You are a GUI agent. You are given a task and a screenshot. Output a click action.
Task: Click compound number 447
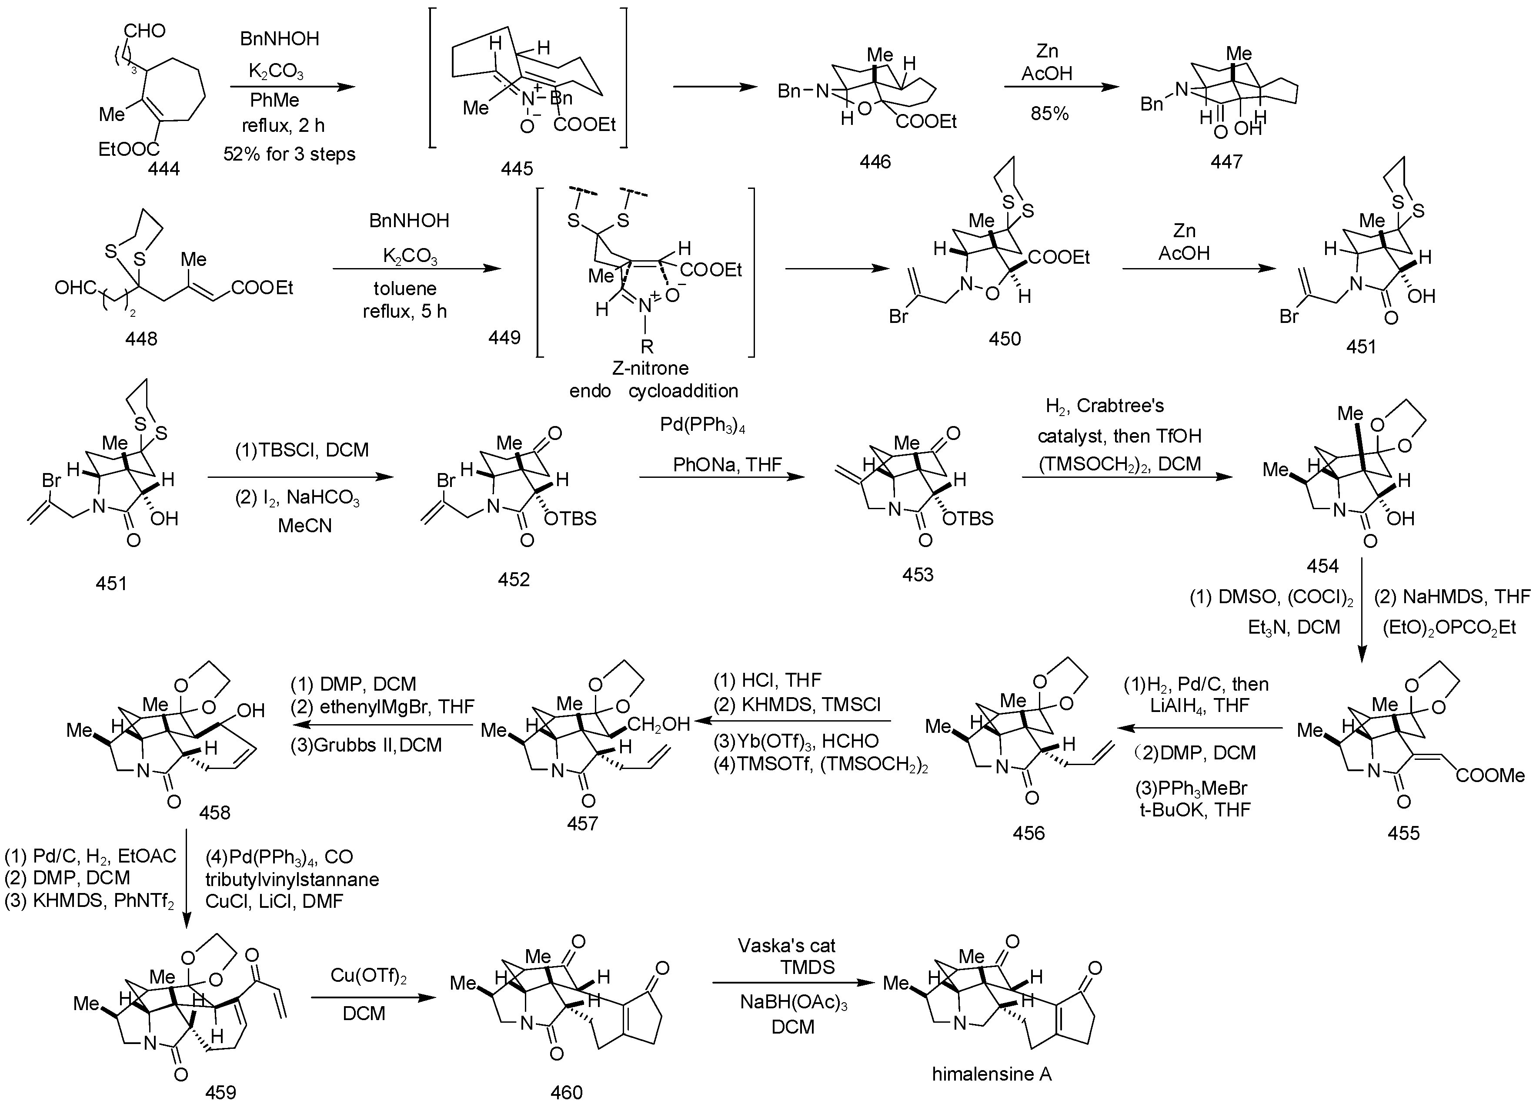(1226, 161)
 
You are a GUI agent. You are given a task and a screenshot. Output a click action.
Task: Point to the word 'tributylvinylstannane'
(292, 880)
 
